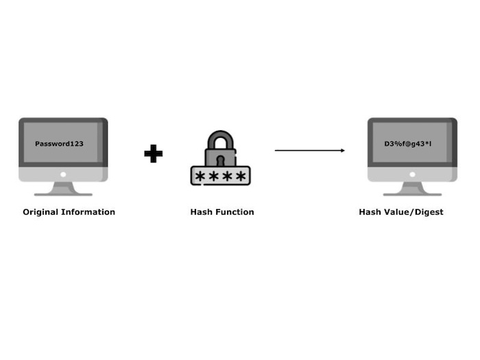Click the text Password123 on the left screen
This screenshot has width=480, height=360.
pos(59,144)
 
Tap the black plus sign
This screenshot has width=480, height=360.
pos(153,153)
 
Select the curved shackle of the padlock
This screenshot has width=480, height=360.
pos(220,141)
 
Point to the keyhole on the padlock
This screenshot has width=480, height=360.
pos(220,157)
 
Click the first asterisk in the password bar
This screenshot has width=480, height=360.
pos(200,177)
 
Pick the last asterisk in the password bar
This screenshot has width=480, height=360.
pos(241,177)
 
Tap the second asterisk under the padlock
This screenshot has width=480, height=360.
pos(213,177)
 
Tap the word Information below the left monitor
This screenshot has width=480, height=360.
pos(89,212)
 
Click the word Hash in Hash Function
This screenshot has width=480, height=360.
pos(200,212)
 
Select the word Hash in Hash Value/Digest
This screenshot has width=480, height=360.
pos(370,212)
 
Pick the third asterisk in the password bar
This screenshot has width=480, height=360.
pos(227,177)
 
